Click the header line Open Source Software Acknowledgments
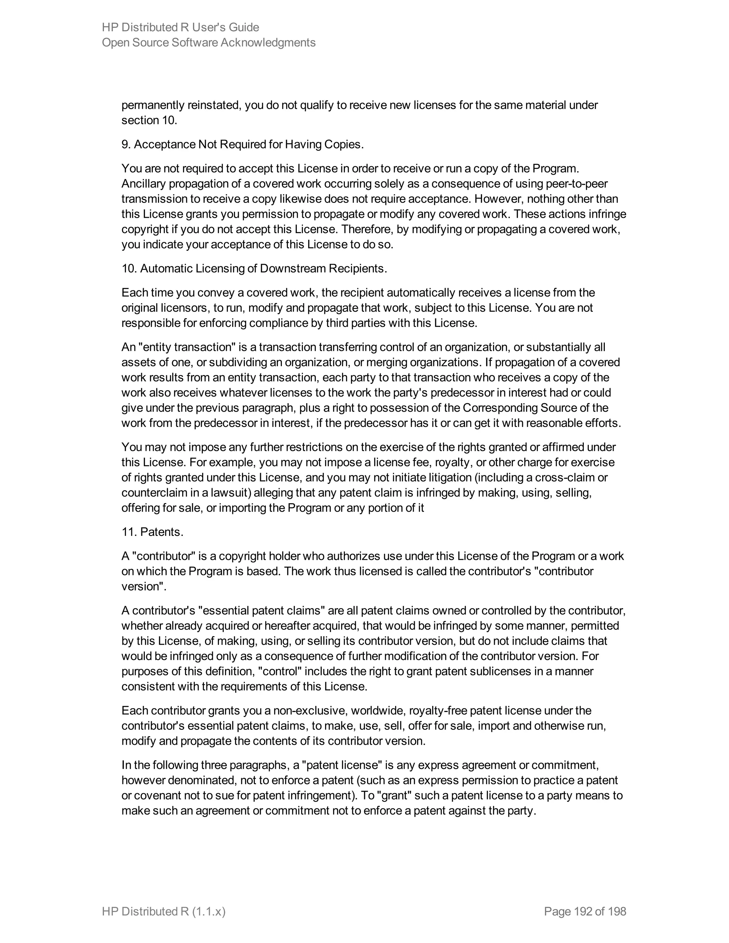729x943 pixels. click(209, 42)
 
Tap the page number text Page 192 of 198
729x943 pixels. click(585, 911)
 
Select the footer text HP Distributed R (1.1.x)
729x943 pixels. click(164, 911)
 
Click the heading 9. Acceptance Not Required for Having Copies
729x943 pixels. click(242, 144)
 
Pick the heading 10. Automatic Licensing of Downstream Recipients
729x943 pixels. click(254, 269)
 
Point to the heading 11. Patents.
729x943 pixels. click(152, 532)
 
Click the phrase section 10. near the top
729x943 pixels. click(149, 120)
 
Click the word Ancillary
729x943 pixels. click(143, 184)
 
